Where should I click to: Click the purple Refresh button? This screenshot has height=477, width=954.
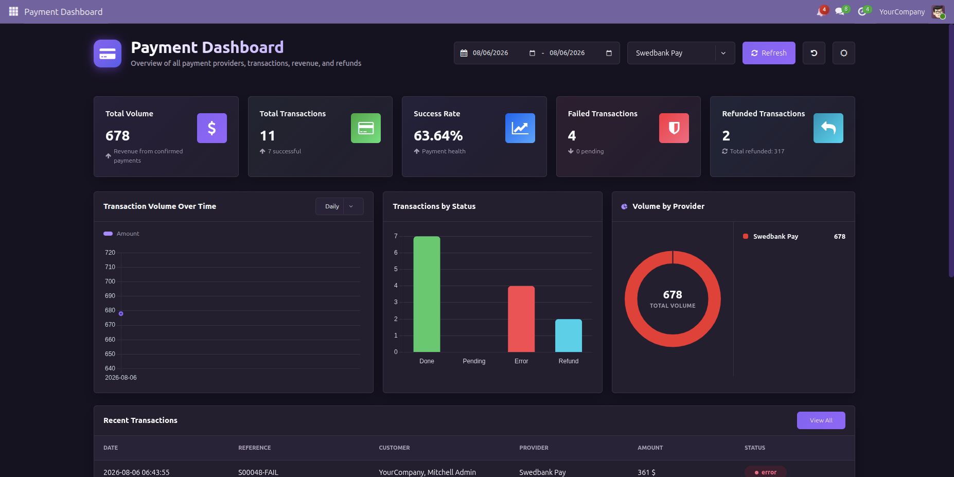[769, 53]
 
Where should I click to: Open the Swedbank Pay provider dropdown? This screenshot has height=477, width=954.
[681, 53]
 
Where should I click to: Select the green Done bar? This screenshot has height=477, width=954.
[427, 294]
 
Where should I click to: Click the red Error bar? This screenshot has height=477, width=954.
[521, 319]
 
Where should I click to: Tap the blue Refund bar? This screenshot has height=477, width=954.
[569, 335]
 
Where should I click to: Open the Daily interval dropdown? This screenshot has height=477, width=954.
[340, 206]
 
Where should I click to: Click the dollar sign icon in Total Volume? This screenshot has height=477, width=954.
[212, 128]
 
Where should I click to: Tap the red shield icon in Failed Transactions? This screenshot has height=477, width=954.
[674, 128]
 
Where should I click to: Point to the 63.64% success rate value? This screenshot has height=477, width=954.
[438, 136]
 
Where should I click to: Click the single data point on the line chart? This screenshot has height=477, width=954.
[121, 313]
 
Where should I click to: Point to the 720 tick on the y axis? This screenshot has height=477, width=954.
[110, 253]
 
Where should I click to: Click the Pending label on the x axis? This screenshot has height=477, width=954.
[474, 361]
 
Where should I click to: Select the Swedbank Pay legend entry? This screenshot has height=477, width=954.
[775, 237]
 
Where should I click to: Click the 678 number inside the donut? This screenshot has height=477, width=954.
[673, 295]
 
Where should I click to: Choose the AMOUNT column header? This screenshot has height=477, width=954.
[650, 448]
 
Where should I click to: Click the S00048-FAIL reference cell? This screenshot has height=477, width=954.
[258, 472]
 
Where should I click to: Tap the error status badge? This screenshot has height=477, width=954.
[766, 472]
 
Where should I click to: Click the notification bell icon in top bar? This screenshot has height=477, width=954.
[820, 12]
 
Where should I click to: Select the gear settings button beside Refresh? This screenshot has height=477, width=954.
[844, 53]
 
